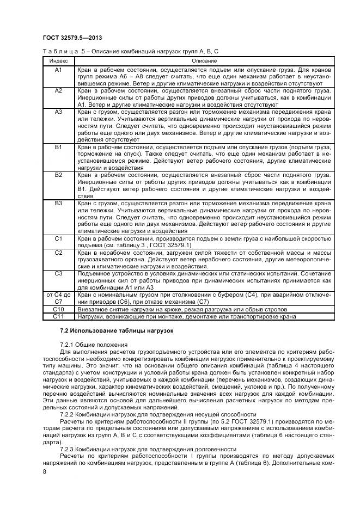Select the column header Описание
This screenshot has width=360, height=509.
(204, 60)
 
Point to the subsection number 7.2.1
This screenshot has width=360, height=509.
(67, 345)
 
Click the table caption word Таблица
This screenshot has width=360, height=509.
(56, 51)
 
